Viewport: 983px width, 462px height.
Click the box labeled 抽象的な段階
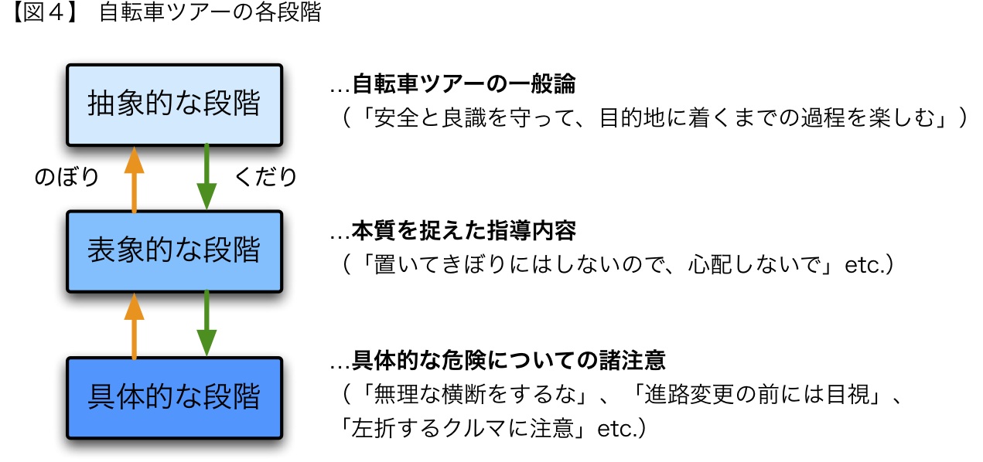(x=174, y=104)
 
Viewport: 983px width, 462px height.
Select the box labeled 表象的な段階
(x=174, y=251)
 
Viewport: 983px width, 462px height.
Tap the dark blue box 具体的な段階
(x=174, y=398)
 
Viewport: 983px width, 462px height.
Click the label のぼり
(x=67, y=178)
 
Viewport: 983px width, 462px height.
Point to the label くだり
(x=265, y=178)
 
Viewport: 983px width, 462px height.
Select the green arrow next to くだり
(x=206, y=177)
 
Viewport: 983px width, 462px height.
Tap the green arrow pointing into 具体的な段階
(x=206, y=324)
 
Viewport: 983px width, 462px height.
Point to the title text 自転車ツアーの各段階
(x=210, y=14)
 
